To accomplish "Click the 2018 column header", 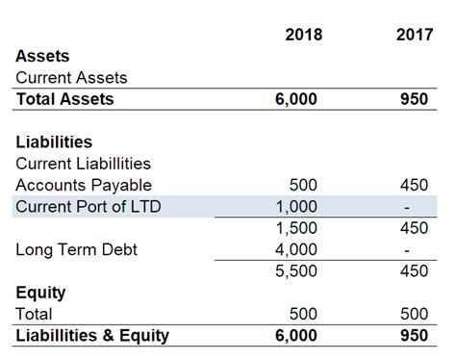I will tap(304, 36).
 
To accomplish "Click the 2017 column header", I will tap(414, 36).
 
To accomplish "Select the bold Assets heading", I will tap(42, 57).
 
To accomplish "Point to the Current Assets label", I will tap(71, 78).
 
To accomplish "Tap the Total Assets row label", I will tap(64, 99).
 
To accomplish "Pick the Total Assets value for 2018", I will tap(296, 99).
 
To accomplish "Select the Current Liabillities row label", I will tap(83, 164).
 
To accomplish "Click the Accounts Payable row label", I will tap(84, 185).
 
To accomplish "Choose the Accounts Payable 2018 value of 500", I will tap(303, 185).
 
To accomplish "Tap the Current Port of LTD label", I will tap(89, 206).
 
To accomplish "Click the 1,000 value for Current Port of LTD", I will tap(297, 206).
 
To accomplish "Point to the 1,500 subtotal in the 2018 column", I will tap(297, 228).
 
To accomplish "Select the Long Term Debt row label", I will tap(76, 249).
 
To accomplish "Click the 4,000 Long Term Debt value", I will tap(297, 249).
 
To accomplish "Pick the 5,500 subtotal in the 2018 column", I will tap(297, 270).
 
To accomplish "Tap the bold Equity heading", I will tap(40, 293).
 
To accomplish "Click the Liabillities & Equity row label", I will tap(92, 335).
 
